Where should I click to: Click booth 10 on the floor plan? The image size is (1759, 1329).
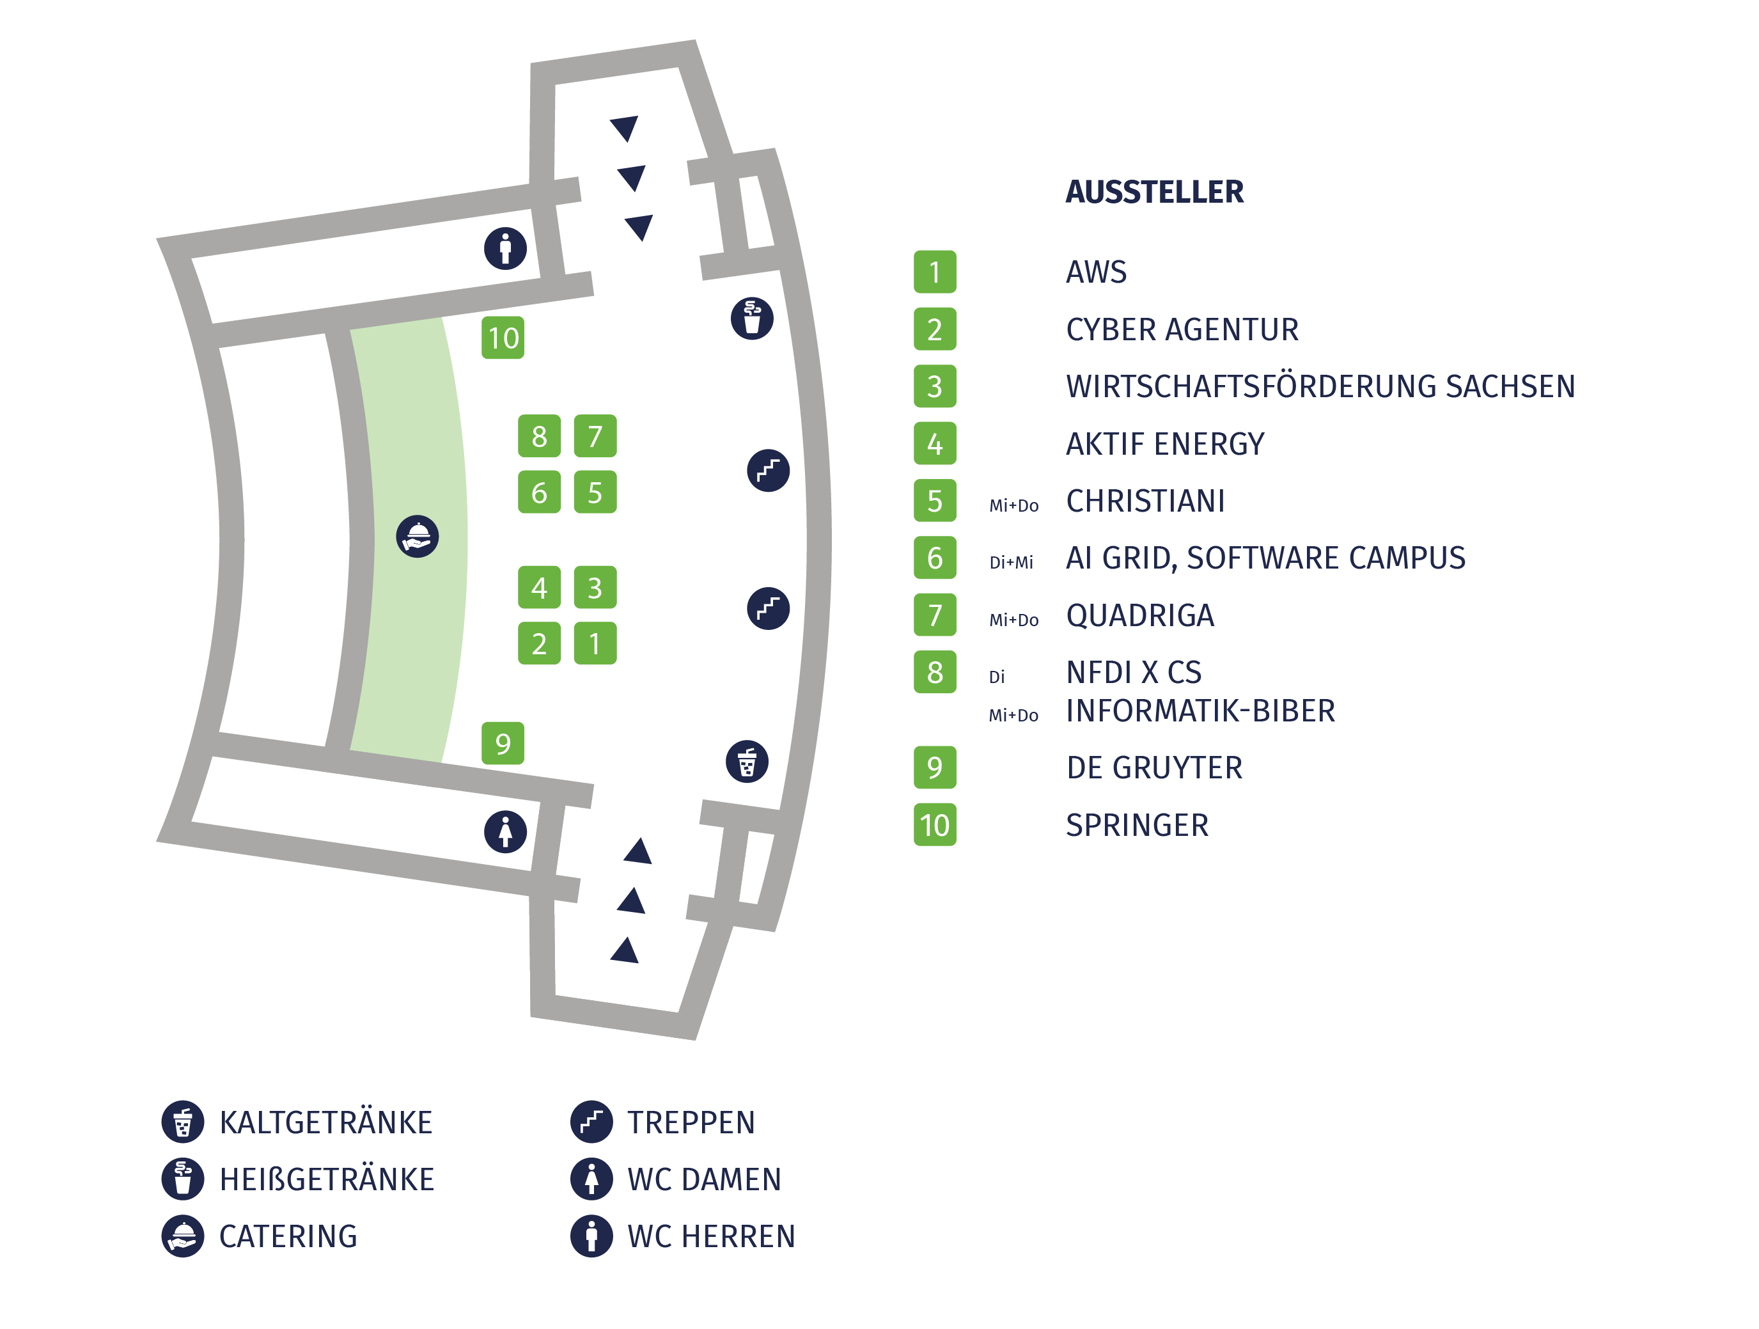pyautogui.click(x=503, y=338)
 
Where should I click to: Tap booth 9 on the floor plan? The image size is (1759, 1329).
pyautogui.click(x=503, y=744)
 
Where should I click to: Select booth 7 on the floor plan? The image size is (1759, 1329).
pyautogui.click(x=595, y=436)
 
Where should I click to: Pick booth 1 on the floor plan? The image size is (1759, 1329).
pyautogui.click(x=595, y=643)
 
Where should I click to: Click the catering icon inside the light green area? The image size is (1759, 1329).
pyautogui.click(x=418, y=537)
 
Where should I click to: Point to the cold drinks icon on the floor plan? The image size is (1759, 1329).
pyautogui.click(x=747, y=762)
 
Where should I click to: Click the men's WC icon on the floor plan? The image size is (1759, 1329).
pyautogui.click(x=506, y=248)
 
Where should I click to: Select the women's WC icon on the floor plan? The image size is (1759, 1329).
pyautogui.click(x=506, y=832)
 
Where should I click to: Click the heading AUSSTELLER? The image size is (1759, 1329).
pyautogui.click(x=1155, y=192)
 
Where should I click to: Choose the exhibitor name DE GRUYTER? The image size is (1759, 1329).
pyautogui.click(x=1155, y=767)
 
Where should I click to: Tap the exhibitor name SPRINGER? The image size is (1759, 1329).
pyautogui.click(x=1137, y=825)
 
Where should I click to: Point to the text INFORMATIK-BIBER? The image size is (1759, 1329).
pyautogui.click(x=1201, y=711)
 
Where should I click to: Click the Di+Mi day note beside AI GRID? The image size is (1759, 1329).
pyautogui.click(x=1012, y=562)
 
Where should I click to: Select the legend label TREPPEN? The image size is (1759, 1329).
pyautogui.click(x=691, y=1122)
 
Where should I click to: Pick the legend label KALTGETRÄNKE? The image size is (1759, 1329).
pyautogui.click(x=326, y=1122)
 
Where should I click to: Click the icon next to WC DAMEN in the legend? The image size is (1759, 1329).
pyautogui.click(x=591, y=1179)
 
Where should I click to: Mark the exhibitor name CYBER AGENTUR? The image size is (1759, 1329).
pyautogui.click(x=1182, y=329)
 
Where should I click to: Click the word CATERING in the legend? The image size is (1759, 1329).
pyautogui.click(x=288, y=1236)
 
